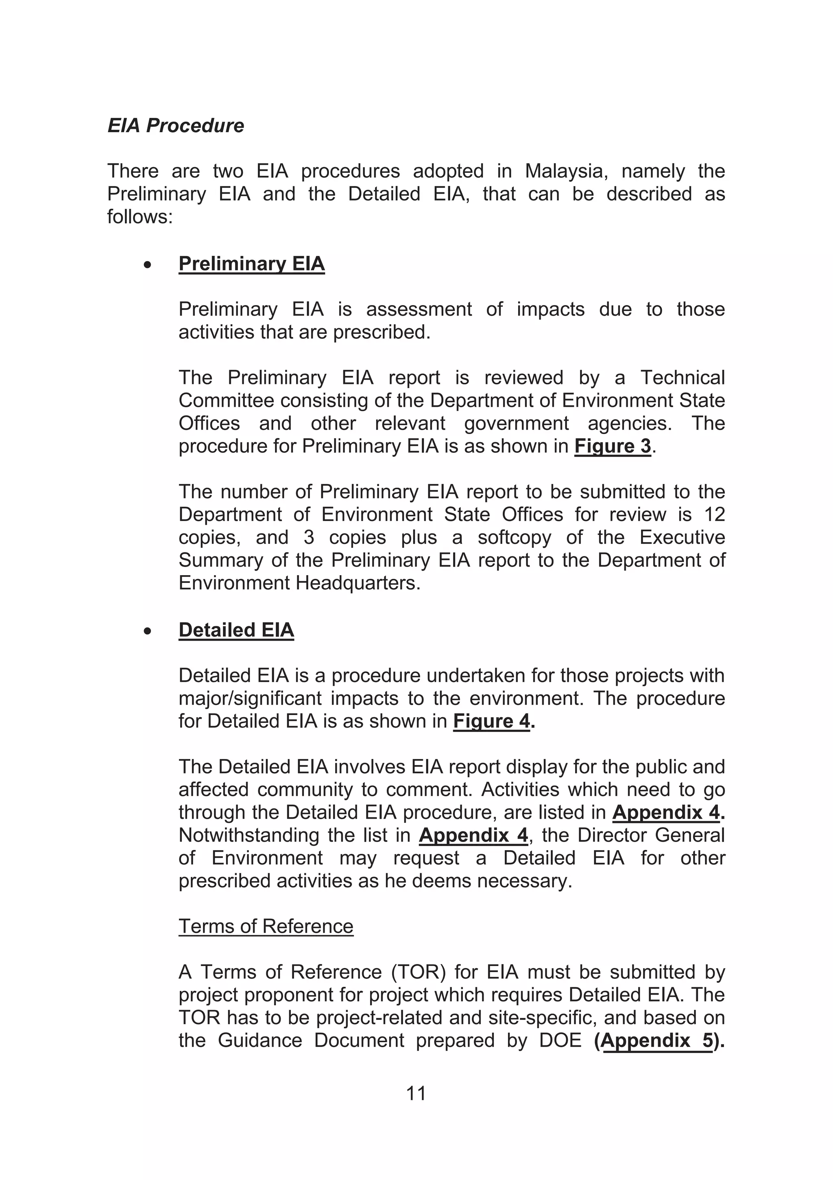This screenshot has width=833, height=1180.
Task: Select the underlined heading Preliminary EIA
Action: (251, 264)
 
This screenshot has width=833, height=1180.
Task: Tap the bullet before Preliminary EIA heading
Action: (148, 265)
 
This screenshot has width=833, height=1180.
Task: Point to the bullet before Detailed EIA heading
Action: (148, 632)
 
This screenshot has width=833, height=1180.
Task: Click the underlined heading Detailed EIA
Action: (236, 630)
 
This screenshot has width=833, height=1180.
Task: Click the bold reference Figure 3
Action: (613, 446)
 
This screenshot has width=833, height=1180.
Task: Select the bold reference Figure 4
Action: (491, 721)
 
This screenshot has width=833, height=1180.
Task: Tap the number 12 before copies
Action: (714, 515)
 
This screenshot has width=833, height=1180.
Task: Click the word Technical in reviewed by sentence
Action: (682, 378)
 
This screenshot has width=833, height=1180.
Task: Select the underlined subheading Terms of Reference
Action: (266, 926)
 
